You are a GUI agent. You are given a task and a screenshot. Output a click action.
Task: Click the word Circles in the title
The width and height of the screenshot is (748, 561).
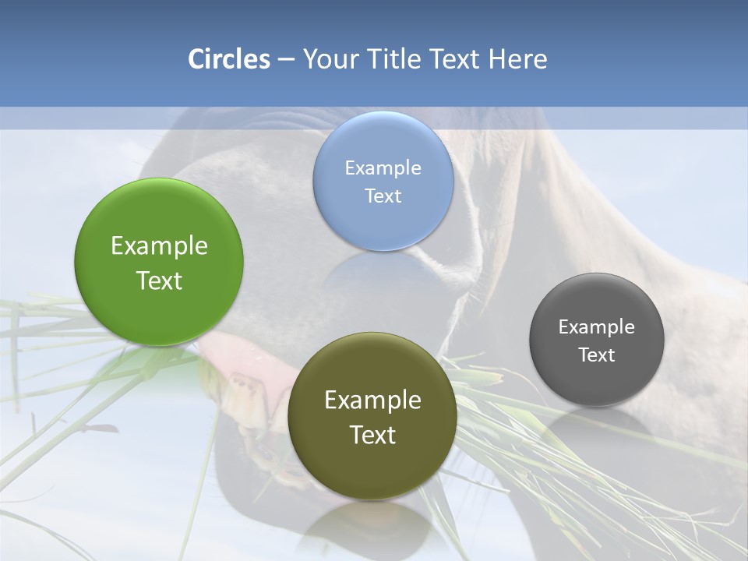pos(229,59)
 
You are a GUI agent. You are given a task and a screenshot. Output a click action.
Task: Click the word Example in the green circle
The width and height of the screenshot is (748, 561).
pos(159,246)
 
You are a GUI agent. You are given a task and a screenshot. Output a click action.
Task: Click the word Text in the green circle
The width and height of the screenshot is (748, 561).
pos(159,280)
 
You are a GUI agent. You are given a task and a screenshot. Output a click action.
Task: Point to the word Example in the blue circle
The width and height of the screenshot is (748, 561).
pos(383,168)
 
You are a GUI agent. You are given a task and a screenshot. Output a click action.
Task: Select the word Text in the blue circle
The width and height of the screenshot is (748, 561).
pos(383,196)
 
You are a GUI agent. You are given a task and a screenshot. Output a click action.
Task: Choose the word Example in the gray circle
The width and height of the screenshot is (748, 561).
pos(597,326)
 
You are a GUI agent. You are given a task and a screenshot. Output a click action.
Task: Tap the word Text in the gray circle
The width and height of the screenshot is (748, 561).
pos(597,355)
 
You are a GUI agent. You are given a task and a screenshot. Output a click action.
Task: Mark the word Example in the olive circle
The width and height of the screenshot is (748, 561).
pos(372,400)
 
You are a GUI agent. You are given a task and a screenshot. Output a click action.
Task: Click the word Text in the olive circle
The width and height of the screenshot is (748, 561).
pos(372,434)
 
